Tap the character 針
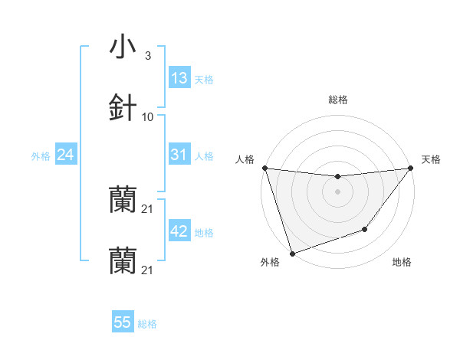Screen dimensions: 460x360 click(123, 107)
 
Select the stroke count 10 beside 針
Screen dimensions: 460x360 click(148, 116)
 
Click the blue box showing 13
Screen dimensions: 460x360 click(179, 78)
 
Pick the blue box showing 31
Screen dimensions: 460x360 click(179, 155)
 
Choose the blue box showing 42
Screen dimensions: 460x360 click(179, 231)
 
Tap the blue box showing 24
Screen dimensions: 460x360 click(65, 155)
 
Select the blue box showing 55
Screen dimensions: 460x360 click(123, 322)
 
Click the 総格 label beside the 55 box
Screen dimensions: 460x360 click(147, 324)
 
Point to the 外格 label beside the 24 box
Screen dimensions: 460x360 click(41, 155)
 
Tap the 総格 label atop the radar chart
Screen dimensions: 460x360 click(337, 100)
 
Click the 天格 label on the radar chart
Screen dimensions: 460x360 click(431, 159)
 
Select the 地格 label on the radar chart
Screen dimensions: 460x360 click(402, 262)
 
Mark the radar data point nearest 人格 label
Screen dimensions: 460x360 click(264, 168)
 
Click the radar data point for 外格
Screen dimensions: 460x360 click(292, 253)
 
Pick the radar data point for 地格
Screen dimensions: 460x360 click(365, 229)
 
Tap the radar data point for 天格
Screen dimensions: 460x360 click(410, 168)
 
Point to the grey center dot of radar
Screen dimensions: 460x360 click(337, 191)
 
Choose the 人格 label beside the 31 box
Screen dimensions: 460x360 click(204, 155)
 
